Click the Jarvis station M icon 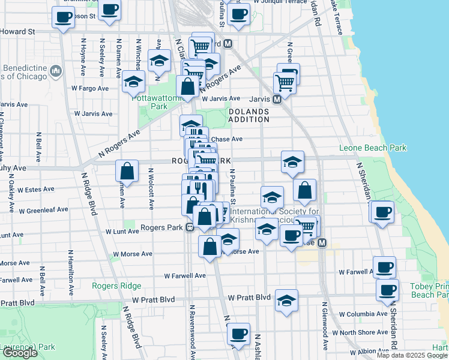pos(277,99)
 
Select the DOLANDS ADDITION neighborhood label pos(249,115)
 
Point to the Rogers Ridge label pos(116,286)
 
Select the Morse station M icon pos(322,243)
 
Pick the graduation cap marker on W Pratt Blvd pos(287,299)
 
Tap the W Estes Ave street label pos(36,190)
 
